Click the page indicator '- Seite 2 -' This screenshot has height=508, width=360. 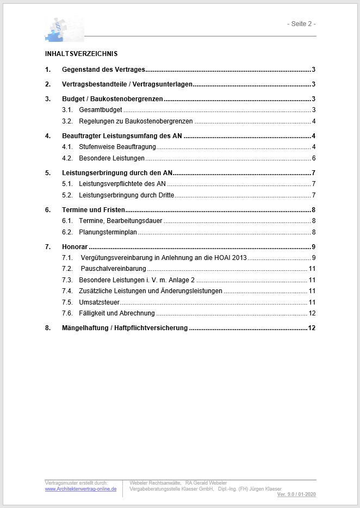coord(301,24)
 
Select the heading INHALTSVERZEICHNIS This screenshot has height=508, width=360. coord(81,54)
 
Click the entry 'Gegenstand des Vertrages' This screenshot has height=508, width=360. coord(103,70)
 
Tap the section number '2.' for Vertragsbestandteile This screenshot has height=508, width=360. coord(48,84)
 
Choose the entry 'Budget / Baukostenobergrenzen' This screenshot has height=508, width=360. coord(113,99)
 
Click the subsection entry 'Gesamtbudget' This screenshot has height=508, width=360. coord(100,110)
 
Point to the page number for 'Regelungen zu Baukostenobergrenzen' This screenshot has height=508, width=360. coord(314,121)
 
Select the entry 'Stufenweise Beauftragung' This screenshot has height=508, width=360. coord(117,147)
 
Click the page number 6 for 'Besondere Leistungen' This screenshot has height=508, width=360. coord(314,158)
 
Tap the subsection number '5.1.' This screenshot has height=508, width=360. coord(67,184)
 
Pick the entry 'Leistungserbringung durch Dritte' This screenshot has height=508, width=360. coord(126,195)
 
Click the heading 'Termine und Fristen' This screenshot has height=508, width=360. coord(94,210)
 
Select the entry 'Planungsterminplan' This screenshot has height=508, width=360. coord(108,232)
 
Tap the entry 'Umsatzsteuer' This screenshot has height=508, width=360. coord(99,302)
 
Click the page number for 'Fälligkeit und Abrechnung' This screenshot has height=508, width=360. coord(312,313)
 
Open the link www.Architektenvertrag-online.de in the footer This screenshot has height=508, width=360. coord(80,489)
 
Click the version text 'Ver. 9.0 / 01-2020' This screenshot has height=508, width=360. coord(296,494)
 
